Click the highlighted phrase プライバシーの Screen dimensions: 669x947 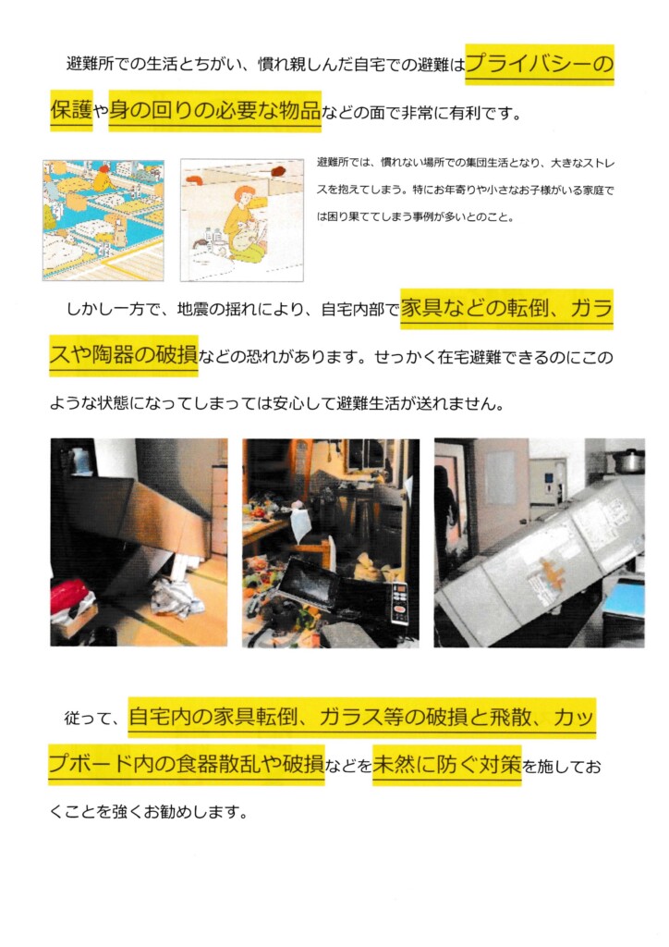540,64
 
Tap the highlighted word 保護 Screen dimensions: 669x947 71,110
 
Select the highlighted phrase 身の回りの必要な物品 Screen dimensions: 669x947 214,110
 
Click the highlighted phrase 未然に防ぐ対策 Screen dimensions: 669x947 447,765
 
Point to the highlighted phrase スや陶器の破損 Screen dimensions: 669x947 124,355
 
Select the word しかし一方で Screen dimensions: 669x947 113,310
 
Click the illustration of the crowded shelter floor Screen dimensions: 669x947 103,220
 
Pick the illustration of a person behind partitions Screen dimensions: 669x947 242,220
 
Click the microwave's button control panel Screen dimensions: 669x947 400,603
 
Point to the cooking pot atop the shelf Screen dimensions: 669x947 628,461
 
